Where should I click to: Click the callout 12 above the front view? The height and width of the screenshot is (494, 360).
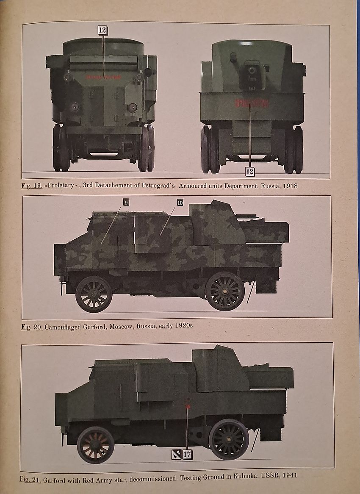[x=102, y=30]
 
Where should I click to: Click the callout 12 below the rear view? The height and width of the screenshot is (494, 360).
[x=250, y=172]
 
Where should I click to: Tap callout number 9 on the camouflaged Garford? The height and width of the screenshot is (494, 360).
[x=125, y=203]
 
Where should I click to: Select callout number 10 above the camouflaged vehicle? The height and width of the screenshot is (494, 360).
[x=180, y=203]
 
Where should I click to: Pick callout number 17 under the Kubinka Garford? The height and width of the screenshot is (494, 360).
[x=188, y=455]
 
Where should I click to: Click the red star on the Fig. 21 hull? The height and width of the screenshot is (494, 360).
[x=187, y=406]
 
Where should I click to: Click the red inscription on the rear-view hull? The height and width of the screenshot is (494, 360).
[x=252, y=103]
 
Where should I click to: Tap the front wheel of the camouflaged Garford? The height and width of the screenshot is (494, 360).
[x=94, y=294]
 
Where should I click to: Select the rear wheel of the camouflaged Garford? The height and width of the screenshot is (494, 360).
[x=225, y=291]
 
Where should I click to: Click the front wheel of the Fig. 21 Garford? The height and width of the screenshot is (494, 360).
[x=95, y=445]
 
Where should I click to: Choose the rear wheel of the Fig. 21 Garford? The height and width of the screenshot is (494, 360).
[x=229, y=439]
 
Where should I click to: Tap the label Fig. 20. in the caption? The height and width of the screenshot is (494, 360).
[x=32, y=327]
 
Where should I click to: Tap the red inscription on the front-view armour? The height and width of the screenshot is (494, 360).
[x=103, y=77]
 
